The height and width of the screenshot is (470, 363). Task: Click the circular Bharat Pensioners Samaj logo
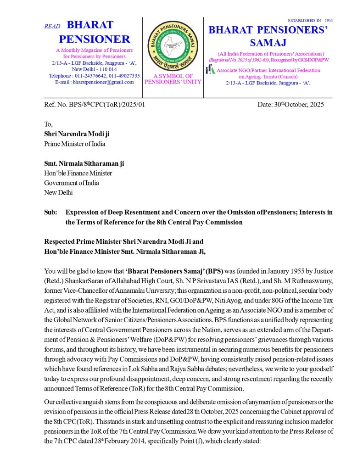click(x=173, y=45)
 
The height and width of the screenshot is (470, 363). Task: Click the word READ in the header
click(x=52, y=26)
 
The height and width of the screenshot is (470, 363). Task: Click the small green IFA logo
click(x=210, y=69)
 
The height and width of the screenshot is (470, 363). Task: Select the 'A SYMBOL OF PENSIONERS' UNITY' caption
click(x=173, y=79)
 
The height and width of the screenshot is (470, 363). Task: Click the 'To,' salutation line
click(x=48, y=124)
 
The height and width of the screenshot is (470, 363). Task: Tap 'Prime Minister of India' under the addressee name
click(x=74, y=144)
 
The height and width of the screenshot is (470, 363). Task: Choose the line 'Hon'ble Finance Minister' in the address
click(x=78, y=173)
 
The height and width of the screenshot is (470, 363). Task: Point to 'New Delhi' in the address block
click(x=58, y=193)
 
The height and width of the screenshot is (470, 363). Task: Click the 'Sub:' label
click(x=50, y=213)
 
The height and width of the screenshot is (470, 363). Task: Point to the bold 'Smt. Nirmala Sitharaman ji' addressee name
click(x=84, y=163)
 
